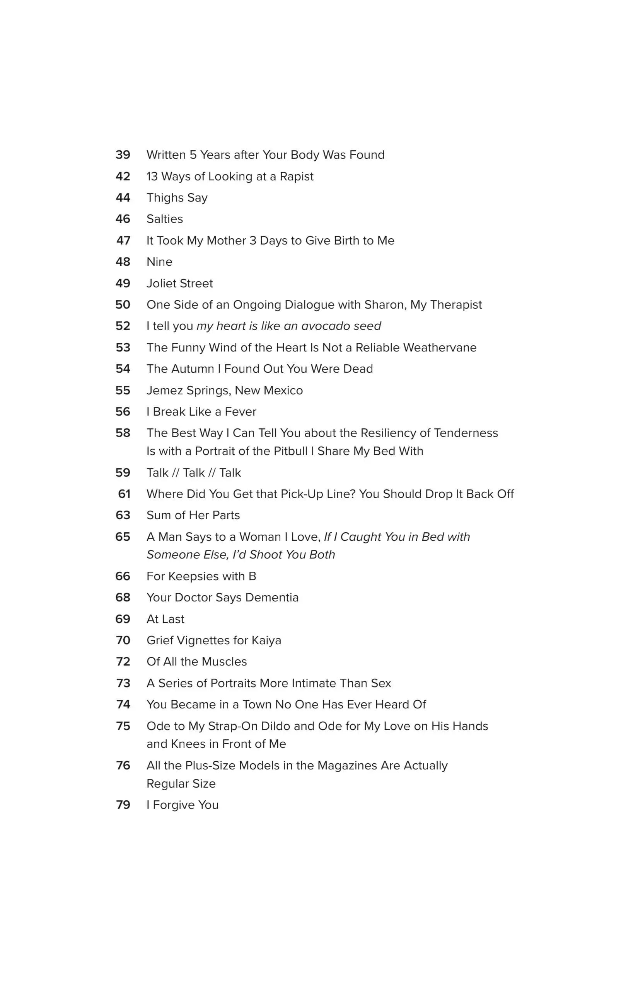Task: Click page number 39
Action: (x=123, y=155)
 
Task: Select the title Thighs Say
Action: (x=177, y=198)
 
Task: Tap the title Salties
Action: (x=164, y=219)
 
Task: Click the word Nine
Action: (x=159, y=262)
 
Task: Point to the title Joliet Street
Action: (x=179, y=284)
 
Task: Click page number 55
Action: (x=123, y=390)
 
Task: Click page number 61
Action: (x=124, y=494)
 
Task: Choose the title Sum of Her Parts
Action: (x=193, y=515)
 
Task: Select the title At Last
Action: (x=165, y=619)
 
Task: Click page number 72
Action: (x=123, y=662)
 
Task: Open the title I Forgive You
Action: (x=182, y=805)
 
